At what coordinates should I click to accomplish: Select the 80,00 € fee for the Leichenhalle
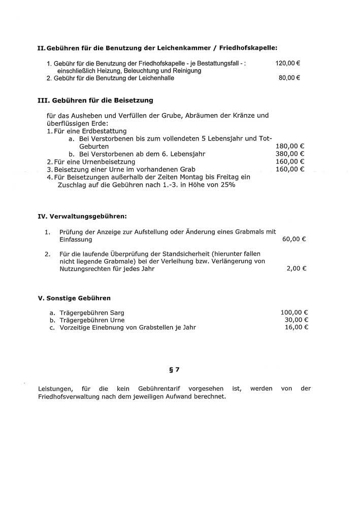[289, 78]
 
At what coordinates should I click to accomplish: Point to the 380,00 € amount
[289, 154]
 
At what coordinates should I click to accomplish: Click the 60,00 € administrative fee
[294, 239]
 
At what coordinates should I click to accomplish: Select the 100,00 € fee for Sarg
[294, 313]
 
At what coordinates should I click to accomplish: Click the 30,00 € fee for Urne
[296, 320]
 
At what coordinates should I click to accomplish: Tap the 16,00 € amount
[296, 327]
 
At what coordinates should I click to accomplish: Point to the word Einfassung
[72, 239]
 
